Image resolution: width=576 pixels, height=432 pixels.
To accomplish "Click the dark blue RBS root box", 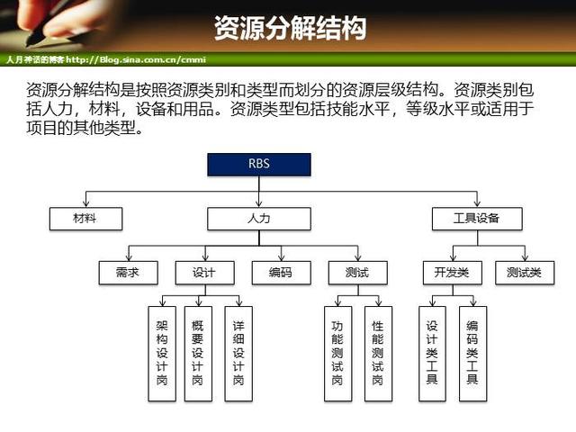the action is click(259, 165).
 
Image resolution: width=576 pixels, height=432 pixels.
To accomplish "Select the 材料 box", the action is click(85, 218).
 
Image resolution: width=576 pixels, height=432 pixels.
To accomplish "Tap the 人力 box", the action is click(259, 218).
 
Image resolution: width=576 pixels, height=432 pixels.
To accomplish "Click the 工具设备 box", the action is click(476, 218).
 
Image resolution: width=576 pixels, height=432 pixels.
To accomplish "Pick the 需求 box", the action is click(128, 272).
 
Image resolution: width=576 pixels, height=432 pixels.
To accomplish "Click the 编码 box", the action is click(280, 272).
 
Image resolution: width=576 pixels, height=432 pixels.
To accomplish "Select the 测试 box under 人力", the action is click(356, 272).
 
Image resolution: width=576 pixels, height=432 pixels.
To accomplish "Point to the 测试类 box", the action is click(525, 272).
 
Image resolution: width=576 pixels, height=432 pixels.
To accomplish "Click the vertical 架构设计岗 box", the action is click(161, 353).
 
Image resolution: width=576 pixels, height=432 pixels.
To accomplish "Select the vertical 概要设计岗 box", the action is click(197, 353).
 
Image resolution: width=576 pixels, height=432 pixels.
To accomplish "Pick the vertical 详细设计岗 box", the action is click(238, 353).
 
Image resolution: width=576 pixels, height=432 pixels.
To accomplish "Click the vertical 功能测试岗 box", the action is click(337, 353).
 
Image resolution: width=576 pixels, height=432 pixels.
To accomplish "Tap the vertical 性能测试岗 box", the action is click(378, 353).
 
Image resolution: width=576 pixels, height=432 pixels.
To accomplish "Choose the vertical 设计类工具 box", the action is click(432, 353).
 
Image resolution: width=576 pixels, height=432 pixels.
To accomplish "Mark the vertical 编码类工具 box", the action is click(472, 353).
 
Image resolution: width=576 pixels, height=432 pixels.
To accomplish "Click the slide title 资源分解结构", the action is click(290, 28).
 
